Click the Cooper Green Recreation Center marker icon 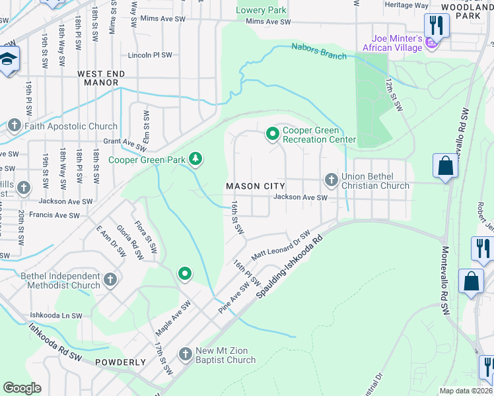click(x=272, y=134)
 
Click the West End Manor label click(x=97, y=78)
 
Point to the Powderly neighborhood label click(x=120, y=362)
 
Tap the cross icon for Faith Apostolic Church click(x=15, y=125)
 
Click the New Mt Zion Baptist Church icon click(x=186, y=354)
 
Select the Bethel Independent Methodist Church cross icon click(x=110, y=280)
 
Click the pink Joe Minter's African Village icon click(x=431, y=44)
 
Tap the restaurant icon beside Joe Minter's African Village click(x=437, y=25)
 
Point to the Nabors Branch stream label click(x=319, y=51)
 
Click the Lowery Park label click(x=262, y=10)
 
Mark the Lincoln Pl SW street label click(x=150, y=55)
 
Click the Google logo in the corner click(x=22, y=388)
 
